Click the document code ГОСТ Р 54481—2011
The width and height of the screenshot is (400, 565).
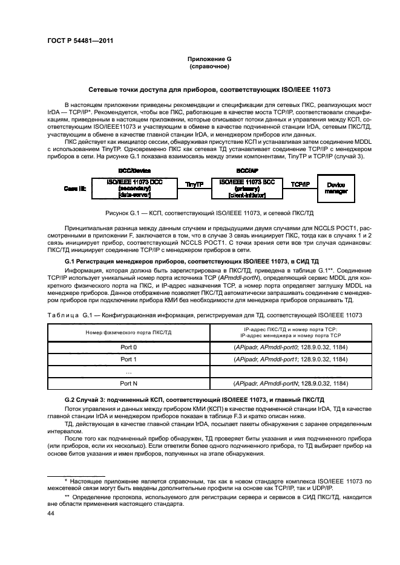[x=80, y=41]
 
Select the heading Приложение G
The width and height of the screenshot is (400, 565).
[x=209, y=59]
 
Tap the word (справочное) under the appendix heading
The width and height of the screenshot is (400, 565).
[x=209, y=66]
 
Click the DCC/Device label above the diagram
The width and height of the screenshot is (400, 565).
[x=134, y=172]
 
